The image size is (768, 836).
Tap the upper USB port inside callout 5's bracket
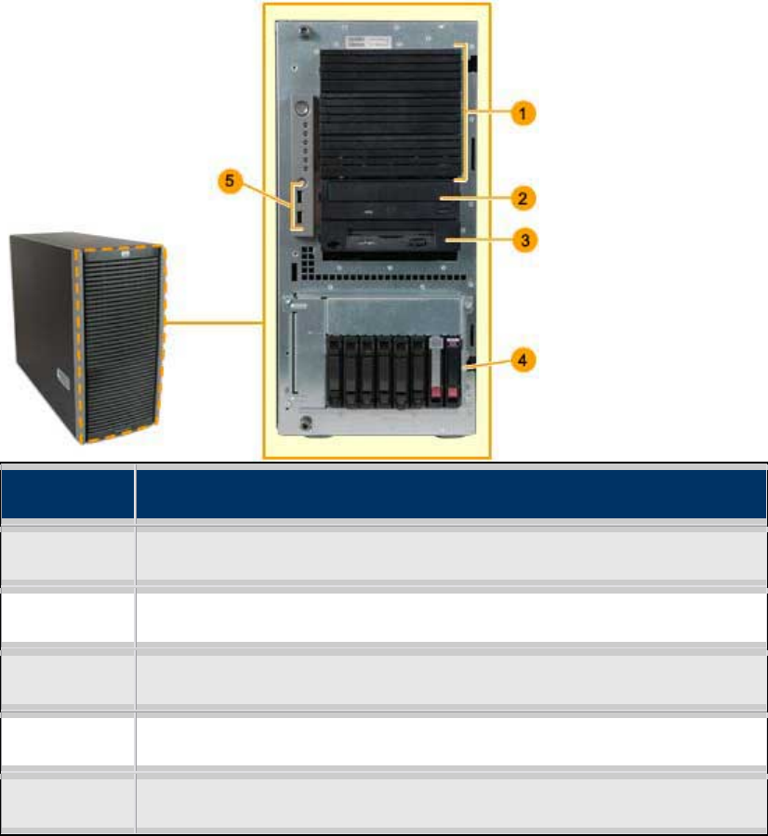pos(301,198)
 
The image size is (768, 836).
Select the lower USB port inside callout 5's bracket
pos(301,218)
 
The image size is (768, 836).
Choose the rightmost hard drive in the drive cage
pos(453,372)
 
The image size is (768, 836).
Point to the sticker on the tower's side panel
pos(62,380)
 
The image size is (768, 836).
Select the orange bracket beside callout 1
pos(465,111)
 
